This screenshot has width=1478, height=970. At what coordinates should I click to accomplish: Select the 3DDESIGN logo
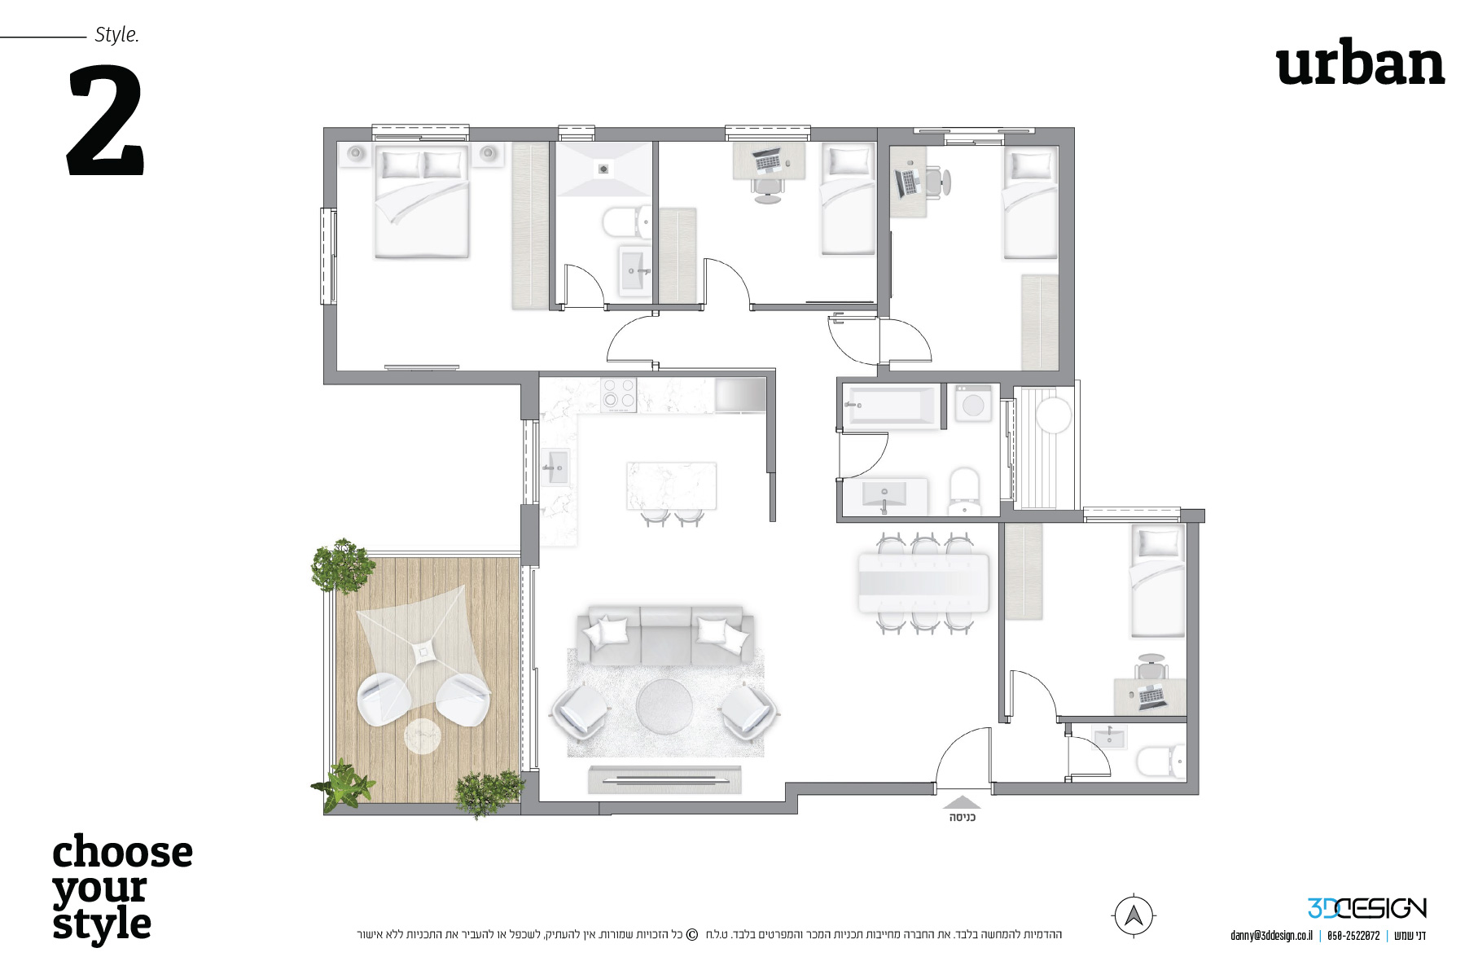click(1366, 908)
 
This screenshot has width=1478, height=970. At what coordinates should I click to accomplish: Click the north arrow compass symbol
click(1133, 915)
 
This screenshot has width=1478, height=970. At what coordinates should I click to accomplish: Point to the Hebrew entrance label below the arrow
click(962, 817)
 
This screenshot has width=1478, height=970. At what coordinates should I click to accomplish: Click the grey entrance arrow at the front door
click(962, 802)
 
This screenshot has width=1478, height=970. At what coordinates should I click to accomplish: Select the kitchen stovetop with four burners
click(618, 395)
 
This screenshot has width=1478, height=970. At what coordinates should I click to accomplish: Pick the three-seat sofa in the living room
click(665, 635)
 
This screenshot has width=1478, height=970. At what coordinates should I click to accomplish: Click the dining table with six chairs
click(924, 582)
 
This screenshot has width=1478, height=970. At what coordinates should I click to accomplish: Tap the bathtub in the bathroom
click(892, 405)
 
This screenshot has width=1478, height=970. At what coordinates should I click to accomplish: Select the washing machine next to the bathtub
click(973, 403)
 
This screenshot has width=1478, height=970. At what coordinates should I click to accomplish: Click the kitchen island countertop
click(671, 485)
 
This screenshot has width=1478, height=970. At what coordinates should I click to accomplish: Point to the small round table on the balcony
click(423, 735)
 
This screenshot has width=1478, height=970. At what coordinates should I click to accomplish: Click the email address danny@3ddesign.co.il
click(1270, 936)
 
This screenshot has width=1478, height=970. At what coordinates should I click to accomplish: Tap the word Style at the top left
click(116, 35)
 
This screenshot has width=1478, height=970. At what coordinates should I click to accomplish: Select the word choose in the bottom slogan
click(123, 853)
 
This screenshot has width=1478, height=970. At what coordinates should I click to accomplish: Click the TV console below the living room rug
click(664, 779)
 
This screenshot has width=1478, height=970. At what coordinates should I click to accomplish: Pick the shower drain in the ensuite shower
click(603, 169)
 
